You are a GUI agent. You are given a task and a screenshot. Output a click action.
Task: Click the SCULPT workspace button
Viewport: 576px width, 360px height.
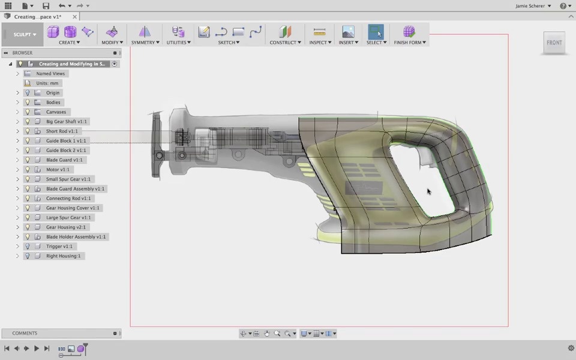[25, 34]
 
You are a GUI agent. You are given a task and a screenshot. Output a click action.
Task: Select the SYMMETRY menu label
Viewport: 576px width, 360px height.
[144, 43]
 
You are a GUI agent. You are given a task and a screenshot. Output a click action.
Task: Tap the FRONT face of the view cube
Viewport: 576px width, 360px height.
[554, 43]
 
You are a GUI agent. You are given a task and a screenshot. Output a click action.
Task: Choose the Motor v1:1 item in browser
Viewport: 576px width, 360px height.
[58, 170]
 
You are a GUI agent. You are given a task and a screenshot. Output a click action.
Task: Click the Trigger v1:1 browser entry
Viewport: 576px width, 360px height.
[59, 247]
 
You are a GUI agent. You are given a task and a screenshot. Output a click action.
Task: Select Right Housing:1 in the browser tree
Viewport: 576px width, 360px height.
[63, 256]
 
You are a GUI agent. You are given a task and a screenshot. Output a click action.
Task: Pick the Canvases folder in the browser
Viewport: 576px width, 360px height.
[56, 112]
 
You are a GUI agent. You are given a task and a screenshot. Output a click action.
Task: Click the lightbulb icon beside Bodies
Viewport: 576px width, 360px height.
[27, 103]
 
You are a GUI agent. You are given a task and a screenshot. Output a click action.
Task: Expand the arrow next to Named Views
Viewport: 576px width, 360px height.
[18, 74]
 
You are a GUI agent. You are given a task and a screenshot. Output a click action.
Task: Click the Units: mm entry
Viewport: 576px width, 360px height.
[47, 83]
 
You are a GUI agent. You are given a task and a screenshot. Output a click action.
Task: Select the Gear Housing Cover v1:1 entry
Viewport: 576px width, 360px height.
[73, 208]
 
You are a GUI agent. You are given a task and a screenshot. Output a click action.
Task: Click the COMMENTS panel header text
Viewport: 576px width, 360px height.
[25, 333]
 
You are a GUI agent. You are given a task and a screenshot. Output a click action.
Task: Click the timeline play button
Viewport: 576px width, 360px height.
[37, 349]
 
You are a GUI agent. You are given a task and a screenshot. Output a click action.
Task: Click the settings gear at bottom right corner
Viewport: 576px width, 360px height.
[571, 348]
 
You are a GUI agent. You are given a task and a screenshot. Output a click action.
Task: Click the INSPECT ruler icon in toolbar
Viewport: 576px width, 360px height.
[319, 32]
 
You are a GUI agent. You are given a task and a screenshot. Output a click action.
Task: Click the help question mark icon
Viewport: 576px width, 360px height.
[563, 6]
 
